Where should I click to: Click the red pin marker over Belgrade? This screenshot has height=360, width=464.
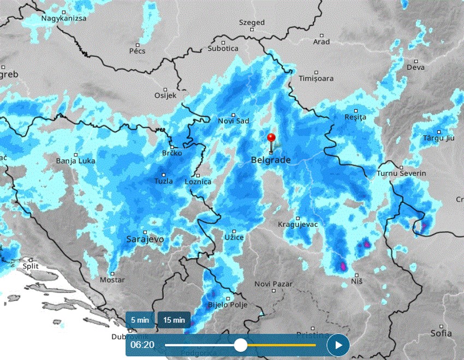(x=271, y=137)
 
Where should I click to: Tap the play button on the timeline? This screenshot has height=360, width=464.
(x=338, y=345)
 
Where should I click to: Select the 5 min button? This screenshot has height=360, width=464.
(x=139, y=320)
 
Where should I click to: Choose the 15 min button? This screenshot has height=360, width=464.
(x=174, y=320)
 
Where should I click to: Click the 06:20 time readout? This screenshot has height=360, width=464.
(x=141, y=345)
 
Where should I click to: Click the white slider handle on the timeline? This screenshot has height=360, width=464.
(x=240, y=345)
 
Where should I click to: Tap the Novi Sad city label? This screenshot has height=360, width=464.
(x=233, y=121)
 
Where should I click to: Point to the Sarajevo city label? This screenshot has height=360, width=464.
(x=145, y=239)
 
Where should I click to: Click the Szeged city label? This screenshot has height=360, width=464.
(x=252, y=23)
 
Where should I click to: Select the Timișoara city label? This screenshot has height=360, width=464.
(x=316, y=79)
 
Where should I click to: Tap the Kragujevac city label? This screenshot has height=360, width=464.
(x=298, y=224)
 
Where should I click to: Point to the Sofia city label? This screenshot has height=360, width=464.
(x=441, y=333)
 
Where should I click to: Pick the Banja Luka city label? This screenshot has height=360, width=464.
(x=76, y=161)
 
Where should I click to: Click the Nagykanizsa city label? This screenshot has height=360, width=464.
(x=64, y=18)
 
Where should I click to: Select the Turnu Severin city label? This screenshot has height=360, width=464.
(x=401, y=173)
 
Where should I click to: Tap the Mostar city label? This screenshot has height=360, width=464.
(x=112, y=280)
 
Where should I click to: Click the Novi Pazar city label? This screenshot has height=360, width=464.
(x=273, y=284)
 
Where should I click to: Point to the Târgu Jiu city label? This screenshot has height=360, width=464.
(x=438, y=137)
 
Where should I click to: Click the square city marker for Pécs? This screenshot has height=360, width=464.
(x=138, y=45)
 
